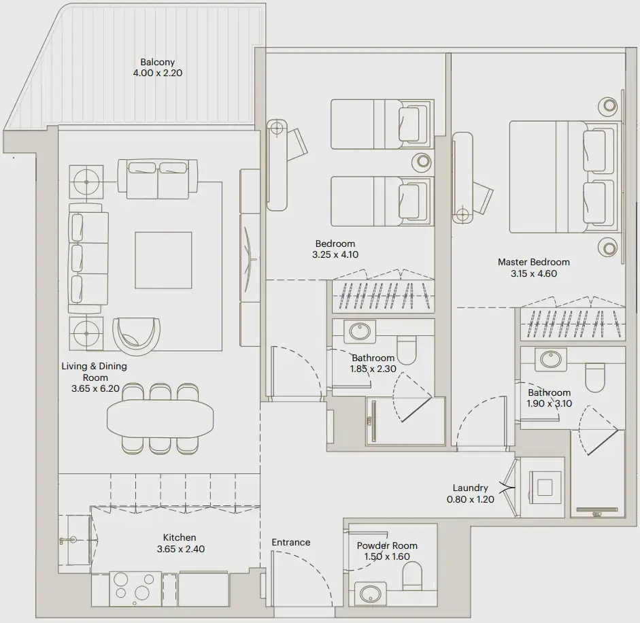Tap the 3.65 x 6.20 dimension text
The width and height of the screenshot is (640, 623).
tap(95, 390)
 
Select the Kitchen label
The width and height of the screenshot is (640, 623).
tap(180, 538)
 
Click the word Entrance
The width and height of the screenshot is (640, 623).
tap(291, 542)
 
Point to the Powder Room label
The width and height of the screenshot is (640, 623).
tap(387, 545)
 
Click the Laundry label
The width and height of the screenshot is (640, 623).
tap(471, 488)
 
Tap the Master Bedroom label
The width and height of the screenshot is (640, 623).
tap(534, 262)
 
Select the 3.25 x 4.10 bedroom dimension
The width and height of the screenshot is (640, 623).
tap(335, 255)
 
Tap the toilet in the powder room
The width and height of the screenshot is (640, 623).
tap(413, 580)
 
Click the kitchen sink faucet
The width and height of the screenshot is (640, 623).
tap(68, 541)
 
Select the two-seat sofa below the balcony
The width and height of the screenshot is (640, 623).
tap(158, 179)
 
